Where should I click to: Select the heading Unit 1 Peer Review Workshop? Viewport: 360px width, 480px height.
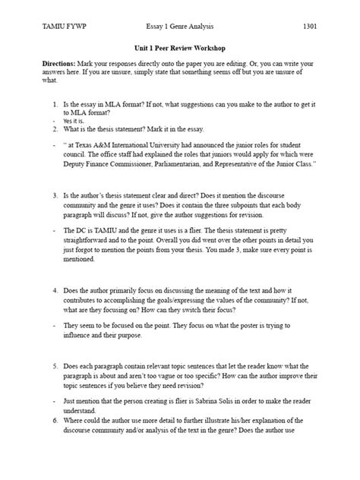pos(179,47)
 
